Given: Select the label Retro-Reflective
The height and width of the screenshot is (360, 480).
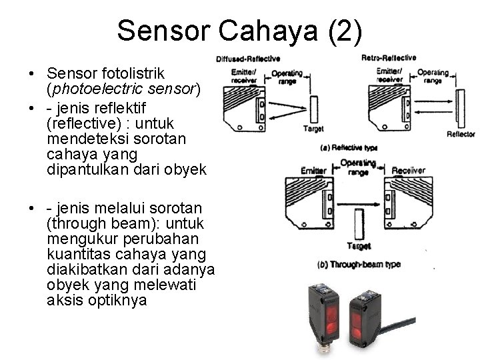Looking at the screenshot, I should coord(389,58).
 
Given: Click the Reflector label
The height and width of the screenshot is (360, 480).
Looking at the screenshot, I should coord(461,134).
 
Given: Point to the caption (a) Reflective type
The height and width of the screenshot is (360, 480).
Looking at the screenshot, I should coord(349,147).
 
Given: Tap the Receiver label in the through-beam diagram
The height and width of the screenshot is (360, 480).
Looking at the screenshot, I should coord(408,171).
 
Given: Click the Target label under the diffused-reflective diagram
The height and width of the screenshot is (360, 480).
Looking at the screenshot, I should coord(313,128).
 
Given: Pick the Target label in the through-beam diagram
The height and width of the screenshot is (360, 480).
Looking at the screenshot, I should coord(359,246).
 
